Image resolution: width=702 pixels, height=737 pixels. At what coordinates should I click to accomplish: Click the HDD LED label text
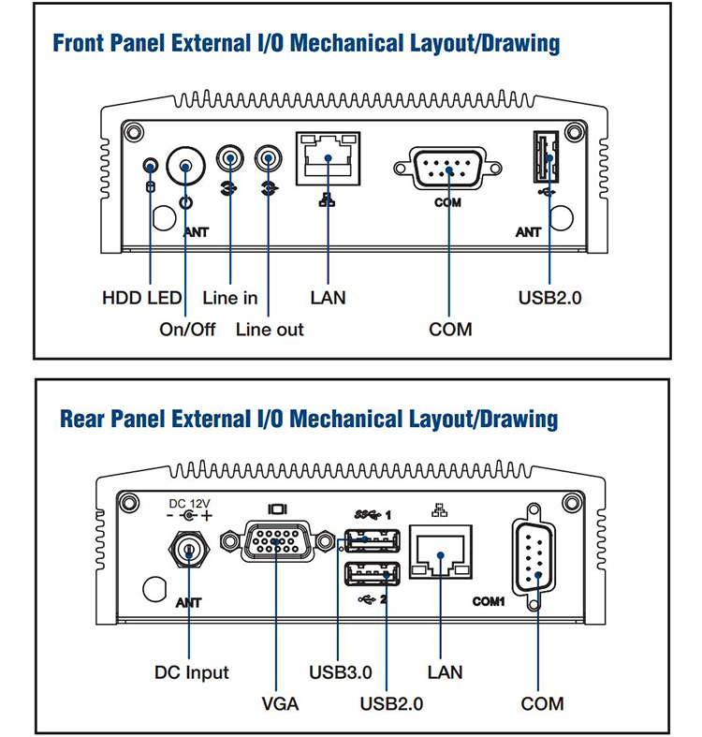(141, 298)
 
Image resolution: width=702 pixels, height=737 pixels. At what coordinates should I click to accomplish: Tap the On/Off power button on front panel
(185, 168)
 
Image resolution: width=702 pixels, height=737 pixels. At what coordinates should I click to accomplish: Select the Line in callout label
(229, 298)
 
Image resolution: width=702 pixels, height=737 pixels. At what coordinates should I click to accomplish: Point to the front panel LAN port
(328, 154)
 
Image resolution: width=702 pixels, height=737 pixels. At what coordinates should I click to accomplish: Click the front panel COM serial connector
(448, 169)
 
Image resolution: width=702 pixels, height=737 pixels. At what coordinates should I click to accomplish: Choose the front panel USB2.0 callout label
(549, 298)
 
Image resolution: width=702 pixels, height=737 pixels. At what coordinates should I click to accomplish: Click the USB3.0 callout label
(340, 672)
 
